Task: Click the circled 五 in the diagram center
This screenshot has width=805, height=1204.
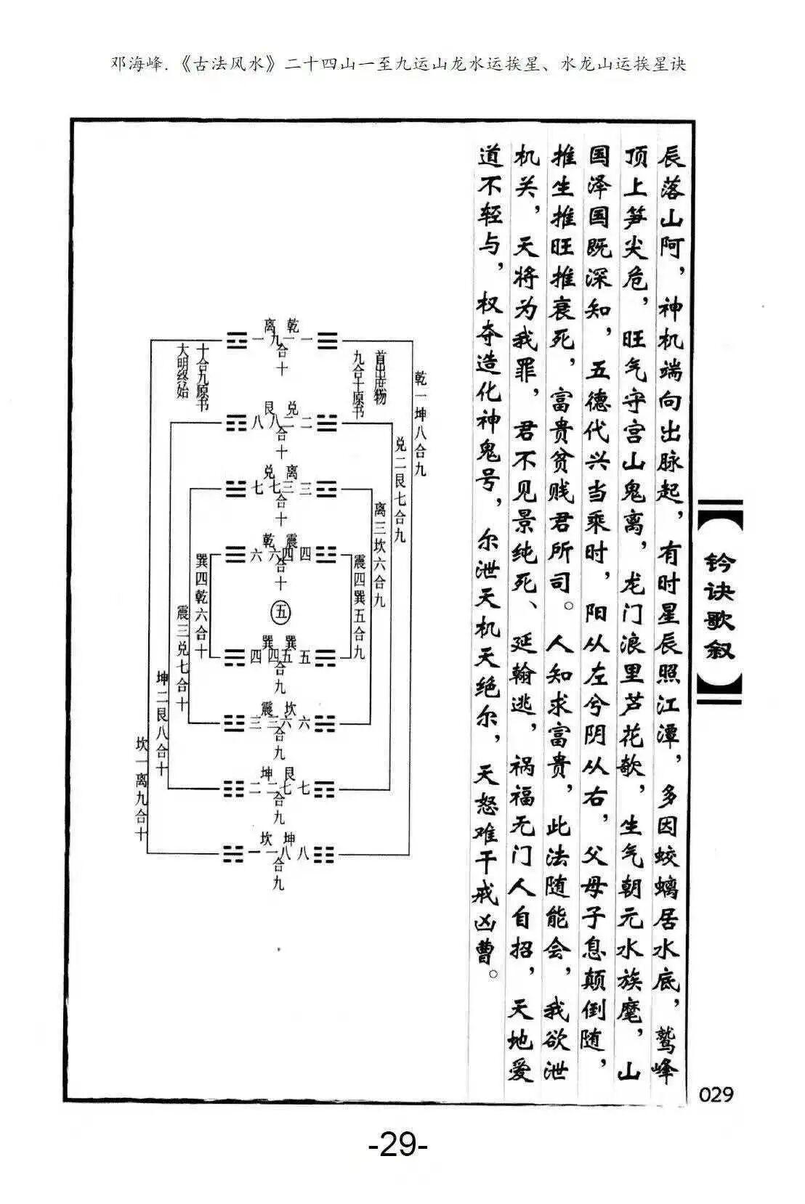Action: point(280,613)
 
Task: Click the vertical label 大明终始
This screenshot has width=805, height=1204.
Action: point(182,371)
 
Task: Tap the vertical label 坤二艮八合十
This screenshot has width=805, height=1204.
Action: point(162,723)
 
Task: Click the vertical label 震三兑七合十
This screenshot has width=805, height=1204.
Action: point(182,657)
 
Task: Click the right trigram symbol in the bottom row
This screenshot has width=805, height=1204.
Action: point(325,853)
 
